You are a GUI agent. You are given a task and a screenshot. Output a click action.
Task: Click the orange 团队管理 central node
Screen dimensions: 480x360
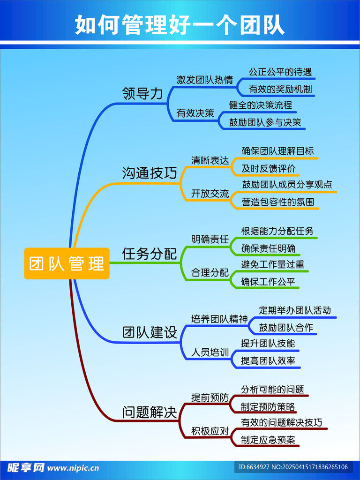tap(67, 263)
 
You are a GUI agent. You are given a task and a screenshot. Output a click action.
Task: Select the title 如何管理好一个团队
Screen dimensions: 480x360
tap(180, 24)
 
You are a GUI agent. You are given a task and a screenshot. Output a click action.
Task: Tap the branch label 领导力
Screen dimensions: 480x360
tap(142, 93)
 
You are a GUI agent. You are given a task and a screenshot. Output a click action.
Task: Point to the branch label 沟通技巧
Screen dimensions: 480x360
tap(150, 173)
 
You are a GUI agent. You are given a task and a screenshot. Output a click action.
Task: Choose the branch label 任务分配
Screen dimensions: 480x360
tap(150, 254)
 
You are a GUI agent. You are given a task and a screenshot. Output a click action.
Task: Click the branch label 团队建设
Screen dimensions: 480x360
tap(150, 333)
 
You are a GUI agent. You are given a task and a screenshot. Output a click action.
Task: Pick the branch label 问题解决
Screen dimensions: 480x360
tap(150, 413)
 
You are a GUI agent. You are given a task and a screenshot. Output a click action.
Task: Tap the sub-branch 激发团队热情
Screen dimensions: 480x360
tap(204, 80)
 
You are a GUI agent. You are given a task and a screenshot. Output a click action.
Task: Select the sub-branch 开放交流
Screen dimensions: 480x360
tap(210, 194)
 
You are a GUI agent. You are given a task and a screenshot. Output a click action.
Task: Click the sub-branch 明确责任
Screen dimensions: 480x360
tap(210, 239)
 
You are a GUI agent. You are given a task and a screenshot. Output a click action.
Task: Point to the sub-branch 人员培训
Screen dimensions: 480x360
tap(210, 352)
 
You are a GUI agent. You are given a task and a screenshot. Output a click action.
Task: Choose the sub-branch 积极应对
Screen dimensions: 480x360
tap(210, 431)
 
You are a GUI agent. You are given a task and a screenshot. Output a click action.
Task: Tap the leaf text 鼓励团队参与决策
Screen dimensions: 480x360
tap(265, 122)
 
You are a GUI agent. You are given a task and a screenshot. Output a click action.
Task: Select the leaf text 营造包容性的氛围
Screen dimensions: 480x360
tap(278, 202)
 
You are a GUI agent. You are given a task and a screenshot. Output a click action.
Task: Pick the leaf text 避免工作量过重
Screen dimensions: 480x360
tap(272, 264)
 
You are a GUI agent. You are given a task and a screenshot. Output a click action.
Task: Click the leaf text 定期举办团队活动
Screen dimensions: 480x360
tap(295, 310)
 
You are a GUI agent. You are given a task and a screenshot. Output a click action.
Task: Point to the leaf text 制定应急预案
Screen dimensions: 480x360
tap(270, 440)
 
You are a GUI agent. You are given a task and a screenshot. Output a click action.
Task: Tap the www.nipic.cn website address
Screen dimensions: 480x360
tap(73, 467)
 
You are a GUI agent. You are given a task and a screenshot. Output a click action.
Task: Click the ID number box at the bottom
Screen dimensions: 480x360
tap(293, 467)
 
